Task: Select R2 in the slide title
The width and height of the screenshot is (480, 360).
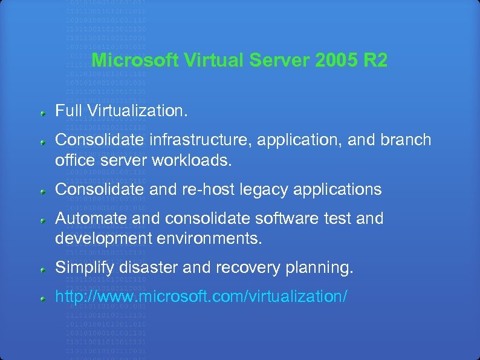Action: [376, 61]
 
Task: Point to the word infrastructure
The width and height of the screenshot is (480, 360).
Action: [199, 140]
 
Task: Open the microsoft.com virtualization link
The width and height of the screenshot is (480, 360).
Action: [201, 296]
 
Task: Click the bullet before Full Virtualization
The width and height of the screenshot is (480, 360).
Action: [44, 113]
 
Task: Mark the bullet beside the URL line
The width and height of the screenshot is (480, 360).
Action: [44, 298]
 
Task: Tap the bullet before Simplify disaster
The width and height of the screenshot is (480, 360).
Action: [44, 269]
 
